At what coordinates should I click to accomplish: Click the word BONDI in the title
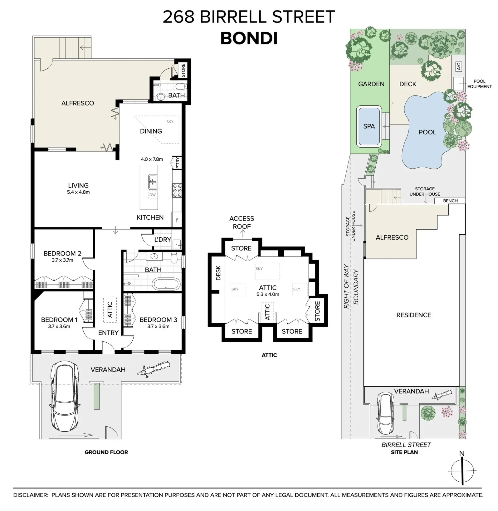pyautogui.click(x=249, y=38)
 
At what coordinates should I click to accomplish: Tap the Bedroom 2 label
pyautogui.click(x=62, y=253)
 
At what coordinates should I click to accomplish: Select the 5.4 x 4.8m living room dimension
pyautogui.click(x=78, y=192)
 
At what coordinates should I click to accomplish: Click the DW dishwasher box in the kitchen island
pyautogui.click(x=153, y=195)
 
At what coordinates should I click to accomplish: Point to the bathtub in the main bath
pyautogui.click(x=166, y=285)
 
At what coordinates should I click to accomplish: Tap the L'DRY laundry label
pyautogui.click(x=163, y=239)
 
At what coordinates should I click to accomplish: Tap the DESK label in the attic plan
pyautogui.click(x=218, y=273)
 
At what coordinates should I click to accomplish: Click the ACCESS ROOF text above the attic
pyautogui.click(x=242, y=223)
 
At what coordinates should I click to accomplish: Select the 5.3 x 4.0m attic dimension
pyautogui.click(x=268, y=294)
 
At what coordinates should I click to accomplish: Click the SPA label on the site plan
pyautogui.click(x=369, y=126)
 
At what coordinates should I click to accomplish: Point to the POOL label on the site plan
pyautogui.click(x=427, y=132)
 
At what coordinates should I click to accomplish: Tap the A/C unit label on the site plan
pyautogui.click(x=458, y=66)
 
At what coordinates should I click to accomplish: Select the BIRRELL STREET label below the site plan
pyautogui.click(x=406, y=445)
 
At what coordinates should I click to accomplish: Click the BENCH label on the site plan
pyautogui.click(x=450, y=201)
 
